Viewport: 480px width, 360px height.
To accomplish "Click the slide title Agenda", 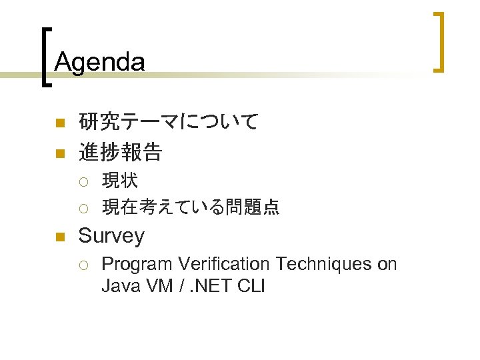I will (x=99, y=62).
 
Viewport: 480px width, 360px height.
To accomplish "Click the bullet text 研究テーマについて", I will (x=168, y=122).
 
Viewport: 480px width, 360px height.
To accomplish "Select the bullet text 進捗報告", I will (x=120, y=153).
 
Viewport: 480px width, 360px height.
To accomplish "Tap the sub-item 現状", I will (x=120, y=180).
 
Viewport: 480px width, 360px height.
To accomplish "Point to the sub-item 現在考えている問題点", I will (x=190, y=207).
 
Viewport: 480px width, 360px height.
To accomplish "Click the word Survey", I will (x=111, y=235).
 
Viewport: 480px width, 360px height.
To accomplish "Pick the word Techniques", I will (x=324, y=264).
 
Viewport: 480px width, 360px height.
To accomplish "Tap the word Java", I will (x=119, y=287).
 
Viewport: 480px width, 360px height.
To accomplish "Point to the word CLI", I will (x=251, y=287).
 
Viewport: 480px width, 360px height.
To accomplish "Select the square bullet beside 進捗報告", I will (x=59, y=153).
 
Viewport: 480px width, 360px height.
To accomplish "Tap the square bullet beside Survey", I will (x=59, y=237).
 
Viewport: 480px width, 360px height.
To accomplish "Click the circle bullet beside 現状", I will (x=82, y=181).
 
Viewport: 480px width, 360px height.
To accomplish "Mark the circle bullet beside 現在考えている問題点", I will (x=82, y=209).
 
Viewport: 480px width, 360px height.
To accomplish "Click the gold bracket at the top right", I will (x=439, y=41).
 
